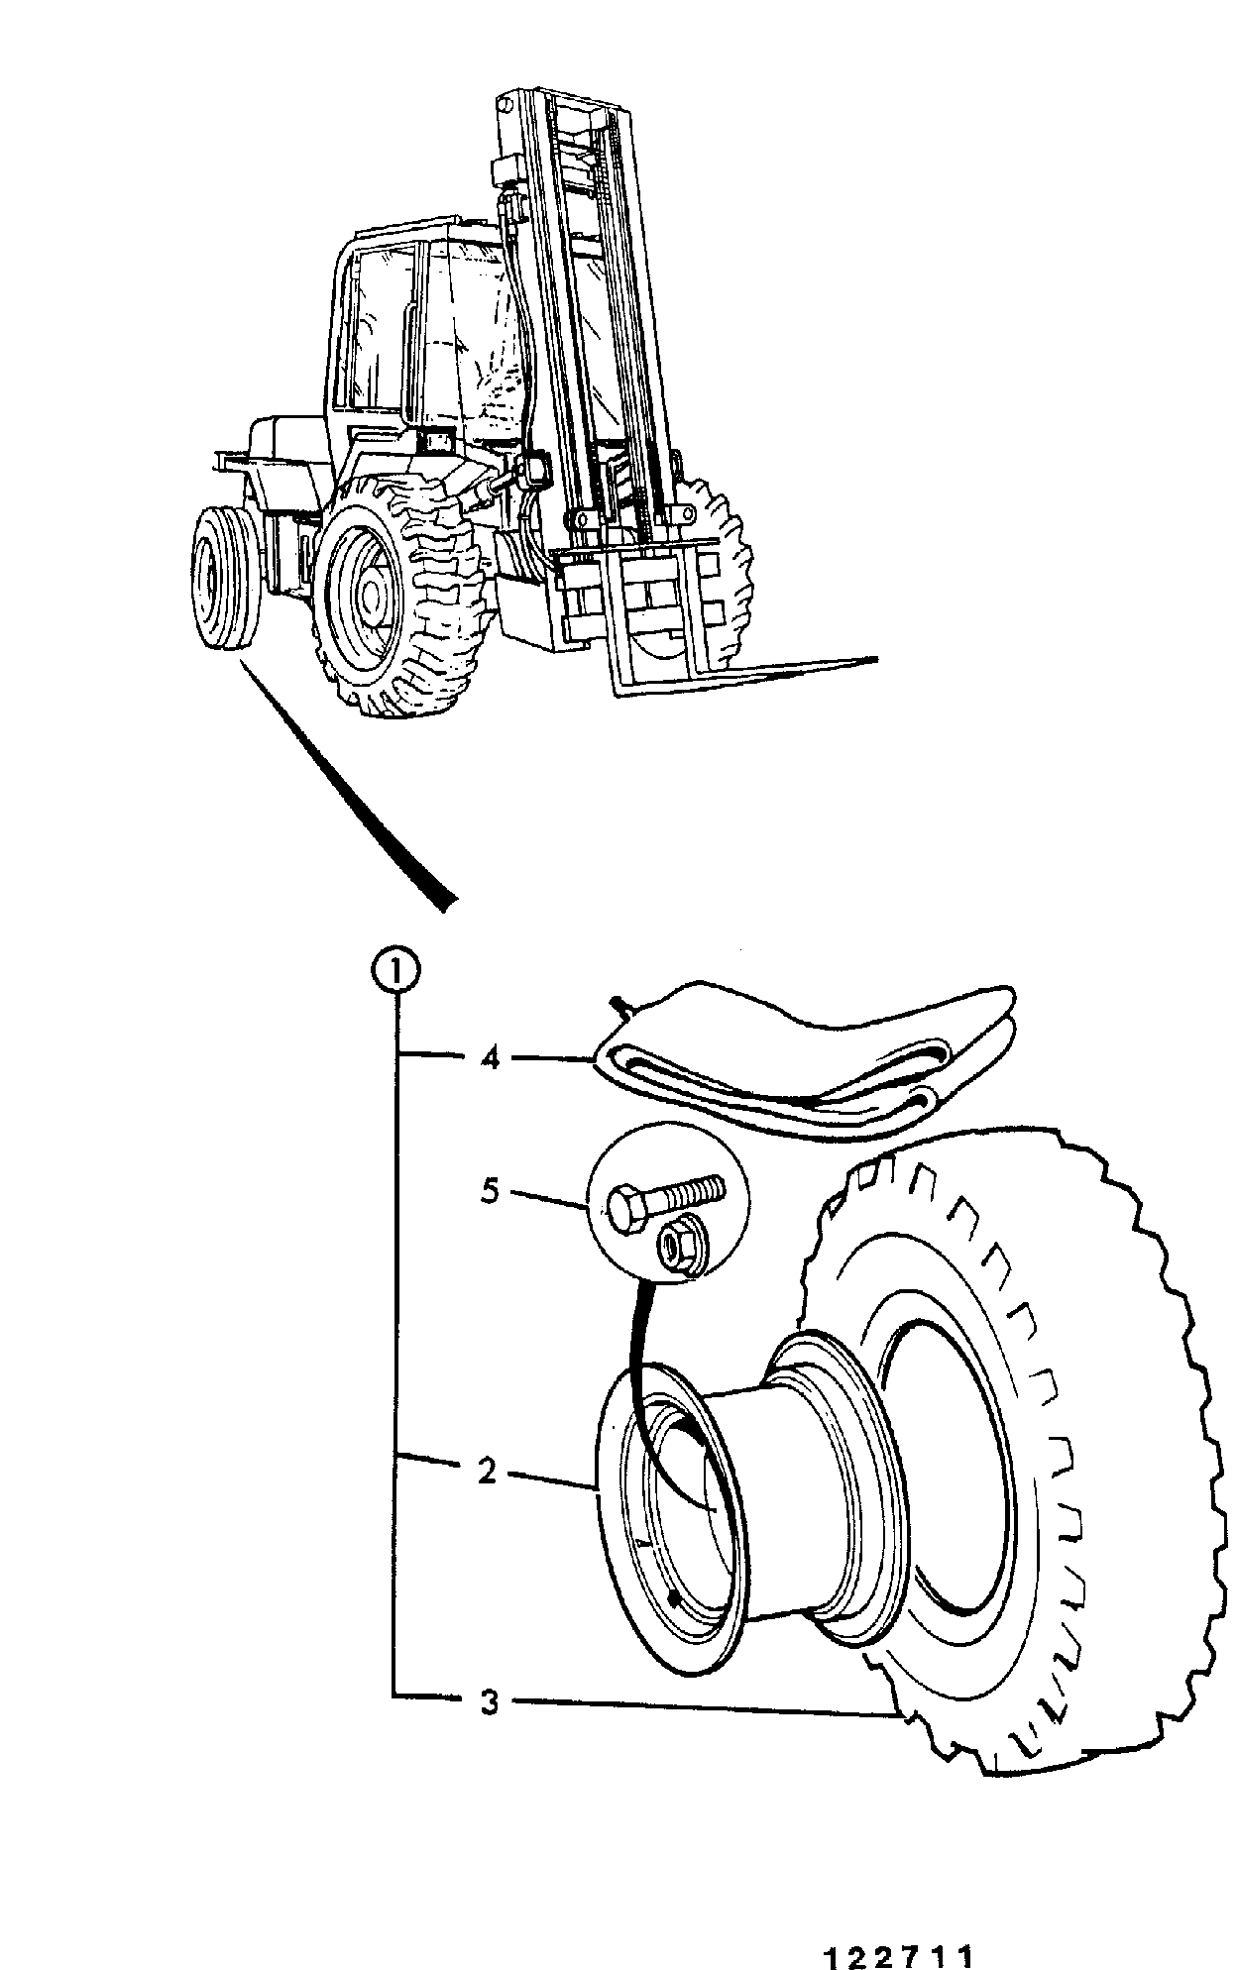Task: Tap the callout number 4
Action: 489,1058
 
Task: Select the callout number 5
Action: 490,1191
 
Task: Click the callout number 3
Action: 489,1702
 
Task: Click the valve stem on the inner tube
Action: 620,1007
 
